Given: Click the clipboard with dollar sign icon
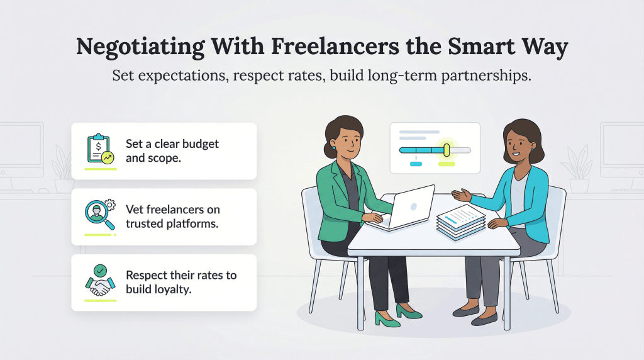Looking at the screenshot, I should [99, 149].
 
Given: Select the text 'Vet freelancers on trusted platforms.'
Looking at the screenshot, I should [172, 217].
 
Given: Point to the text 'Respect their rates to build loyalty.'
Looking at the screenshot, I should [180, 282].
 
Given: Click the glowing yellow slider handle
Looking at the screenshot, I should [447, 150].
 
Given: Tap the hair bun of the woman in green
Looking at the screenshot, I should [329, 150].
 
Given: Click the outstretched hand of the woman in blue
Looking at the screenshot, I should [461, 195].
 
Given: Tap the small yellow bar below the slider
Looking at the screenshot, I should [447, 164].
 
